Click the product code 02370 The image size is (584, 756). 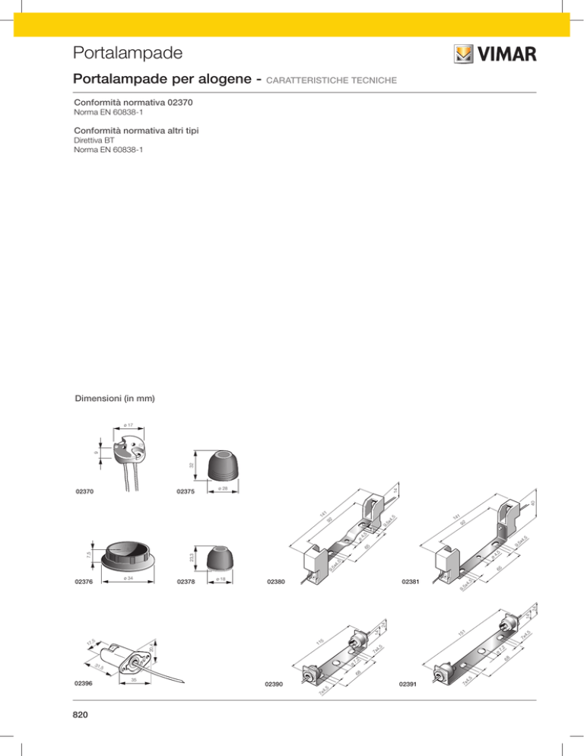(x=84, y=493)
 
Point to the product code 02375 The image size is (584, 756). (x=186, y=493)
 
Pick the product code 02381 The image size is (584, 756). (x=411, y=581)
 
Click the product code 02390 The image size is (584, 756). (x=274, y=685)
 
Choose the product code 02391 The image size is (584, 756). (x=408, y=685)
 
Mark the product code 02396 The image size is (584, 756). (x=84, y=684)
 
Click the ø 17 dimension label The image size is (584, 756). (x=129, y=424)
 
